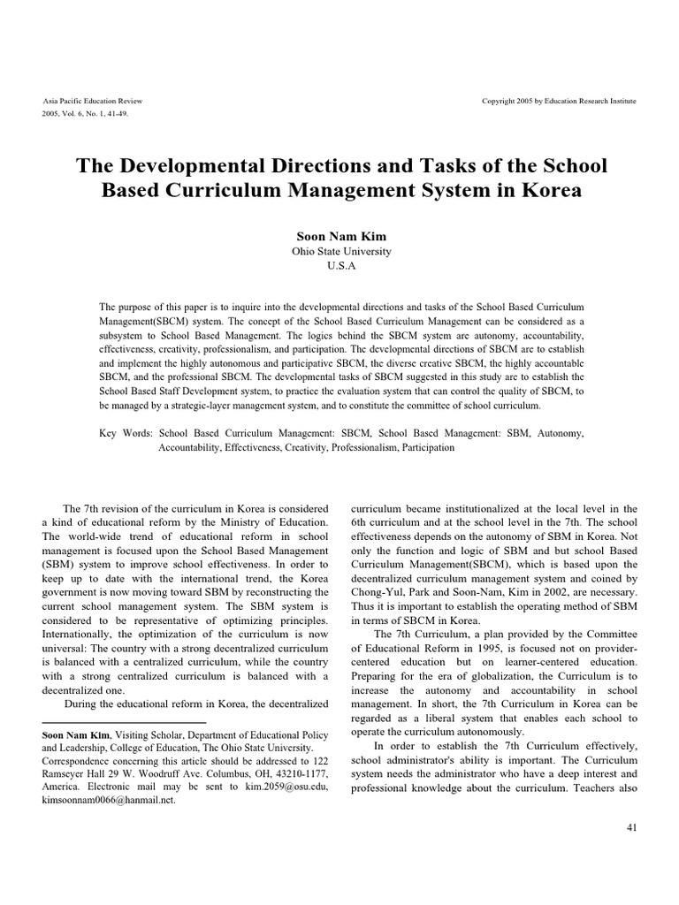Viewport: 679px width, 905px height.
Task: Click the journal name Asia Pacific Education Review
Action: point(92,101)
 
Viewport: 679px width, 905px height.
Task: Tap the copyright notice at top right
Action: point(559,101)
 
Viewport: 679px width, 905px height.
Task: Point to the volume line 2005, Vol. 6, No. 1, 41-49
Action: point(86,114)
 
